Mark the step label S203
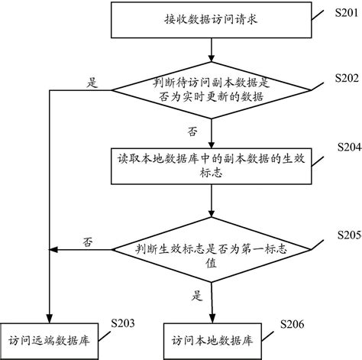pyautogui.click(x=122, y=323)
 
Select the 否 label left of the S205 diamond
pyautogui.click(x=89, y=242)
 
